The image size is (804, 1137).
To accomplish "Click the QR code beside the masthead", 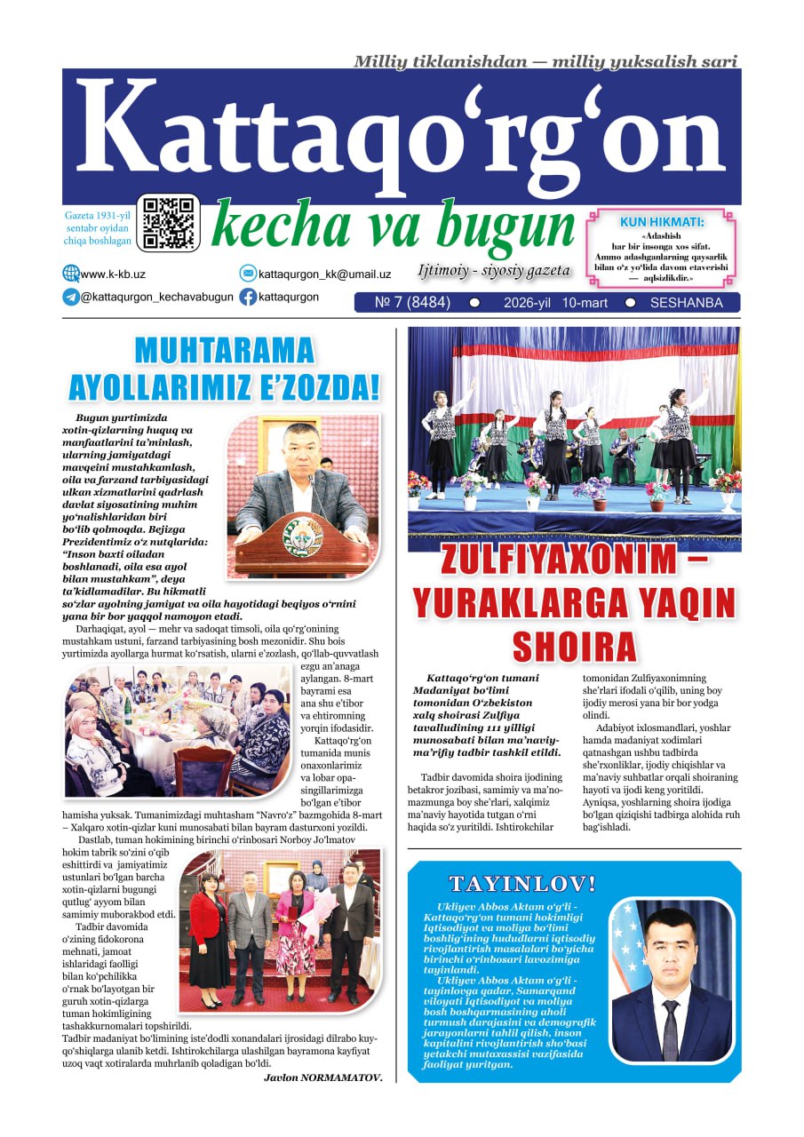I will [168, 222].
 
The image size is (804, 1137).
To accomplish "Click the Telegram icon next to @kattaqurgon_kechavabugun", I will [70, 298].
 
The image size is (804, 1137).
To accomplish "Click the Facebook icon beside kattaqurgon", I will [248, 298].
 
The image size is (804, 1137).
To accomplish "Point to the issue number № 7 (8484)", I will [412, 303].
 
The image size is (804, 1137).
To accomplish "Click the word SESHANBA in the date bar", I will [687, 303].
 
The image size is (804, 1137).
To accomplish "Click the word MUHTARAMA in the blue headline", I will [225, 350].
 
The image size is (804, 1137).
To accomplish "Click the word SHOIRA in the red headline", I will [574, 647].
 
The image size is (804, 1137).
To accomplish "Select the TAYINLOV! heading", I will [522, 884].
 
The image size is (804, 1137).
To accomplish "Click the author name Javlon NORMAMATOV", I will [323, 1077].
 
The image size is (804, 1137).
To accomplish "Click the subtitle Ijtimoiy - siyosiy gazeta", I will [494, 270].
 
